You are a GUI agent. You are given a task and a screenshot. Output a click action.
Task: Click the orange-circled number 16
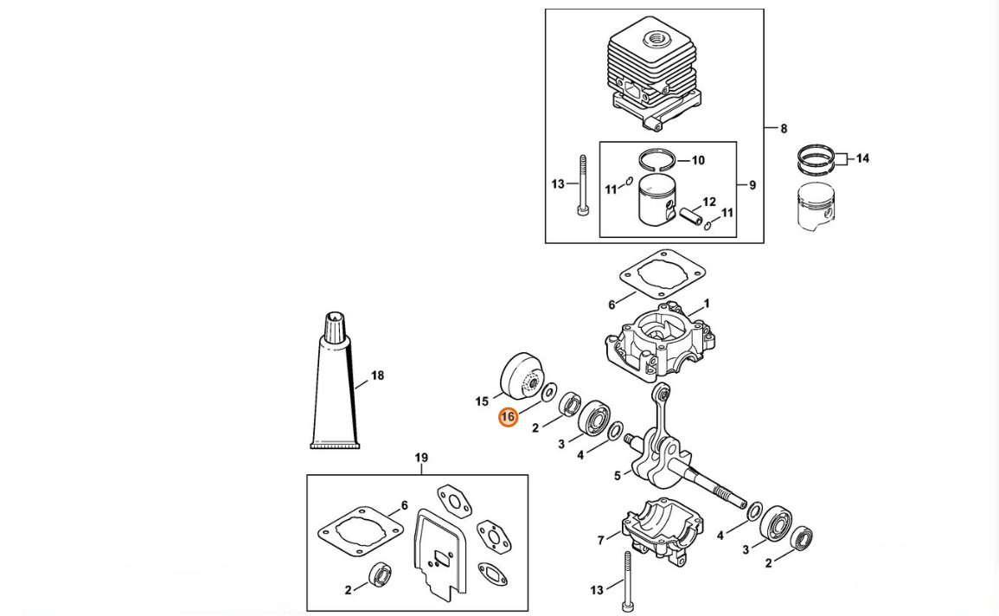pyautogui.click(x=508, y=417)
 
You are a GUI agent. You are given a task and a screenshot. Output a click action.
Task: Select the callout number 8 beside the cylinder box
pyautogui.click(x=784, y=129)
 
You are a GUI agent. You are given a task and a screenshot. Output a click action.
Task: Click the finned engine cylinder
pyautogui.click(x=654, y=76)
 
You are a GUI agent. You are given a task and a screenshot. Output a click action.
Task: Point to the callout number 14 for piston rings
pyautogui.click(x=862, y=158)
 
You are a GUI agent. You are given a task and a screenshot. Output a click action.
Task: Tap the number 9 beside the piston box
pyautogui.click(x=752, y=185)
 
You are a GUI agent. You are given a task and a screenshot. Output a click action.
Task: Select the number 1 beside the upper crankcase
pyautogui.click(x=707, y=304)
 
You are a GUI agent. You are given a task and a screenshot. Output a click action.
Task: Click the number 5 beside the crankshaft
pyautogui.click(x=618, y=476)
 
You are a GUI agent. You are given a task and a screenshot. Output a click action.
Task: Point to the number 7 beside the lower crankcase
pyautogui.click(x=601, y=541)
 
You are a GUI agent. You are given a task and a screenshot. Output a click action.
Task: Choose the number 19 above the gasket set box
pyautogui.click(x=421, y=458)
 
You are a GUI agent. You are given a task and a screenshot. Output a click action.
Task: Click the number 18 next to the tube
pyautogui.click(x=377, y=375)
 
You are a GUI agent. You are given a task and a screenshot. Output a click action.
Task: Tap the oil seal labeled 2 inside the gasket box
pyautogui.click(x=381, y=575)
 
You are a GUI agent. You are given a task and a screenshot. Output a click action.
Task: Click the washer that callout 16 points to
pyautogui.click(x=548, y=392)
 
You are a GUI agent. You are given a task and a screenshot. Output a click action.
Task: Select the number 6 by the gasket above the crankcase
pyautogui.click(x=612, y=305)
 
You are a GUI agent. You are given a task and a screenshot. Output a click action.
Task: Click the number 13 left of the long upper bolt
pyautogui.click(x=558, y=184)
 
